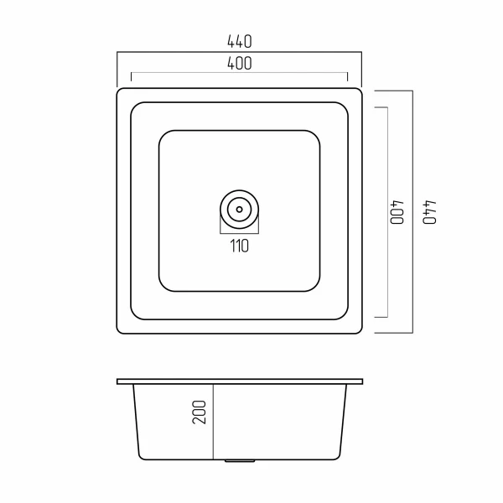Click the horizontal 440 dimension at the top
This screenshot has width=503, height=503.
(x=239, y=42)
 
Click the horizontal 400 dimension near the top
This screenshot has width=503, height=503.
(x=239, y=63)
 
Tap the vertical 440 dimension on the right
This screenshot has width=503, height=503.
(x=429, y=212)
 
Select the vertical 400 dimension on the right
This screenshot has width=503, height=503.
(x=397, y=212)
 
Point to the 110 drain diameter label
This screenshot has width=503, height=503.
(x=239, y=246)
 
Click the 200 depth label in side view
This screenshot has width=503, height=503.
(x=200, y=412)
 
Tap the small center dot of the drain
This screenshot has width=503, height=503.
(x=239, y=210)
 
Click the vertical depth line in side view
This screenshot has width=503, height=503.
(x=213, y=422)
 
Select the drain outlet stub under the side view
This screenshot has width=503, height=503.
(x=240, y=461)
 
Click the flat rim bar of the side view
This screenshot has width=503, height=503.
(x=240, y=381)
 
